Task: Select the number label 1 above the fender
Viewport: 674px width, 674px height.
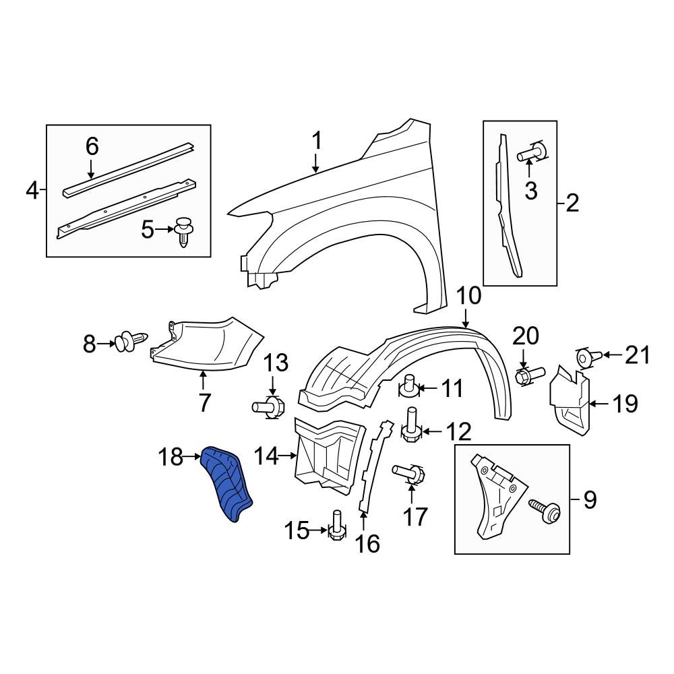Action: pos(316,142)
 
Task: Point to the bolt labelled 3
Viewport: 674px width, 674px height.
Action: pos(531,154)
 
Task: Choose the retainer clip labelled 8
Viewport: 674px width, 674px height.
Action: pos(132,342)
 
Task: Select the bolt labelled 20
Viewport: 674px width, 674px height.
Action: pos(529,375)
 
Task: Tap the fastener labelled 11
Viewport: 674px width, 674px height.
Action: pos(409,387)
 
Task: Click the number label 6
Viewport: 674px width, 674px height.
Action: pos(92,146)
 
